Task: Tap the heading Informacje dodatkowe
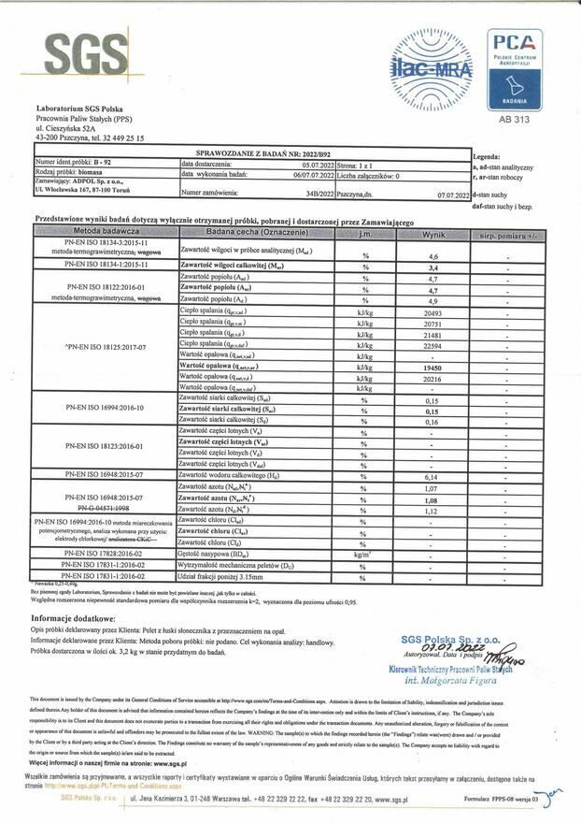click(74, 619)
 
